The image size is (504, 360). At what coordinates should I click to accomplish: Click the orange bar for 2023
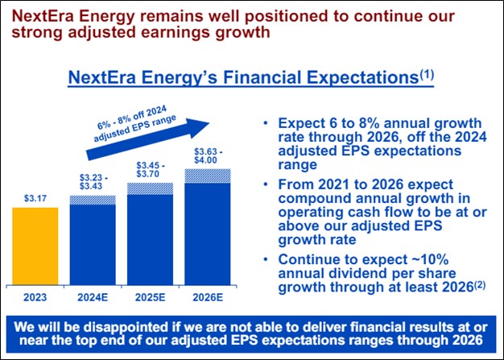[35, 246]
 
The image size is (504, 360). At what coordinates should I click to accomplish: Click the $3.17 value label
[35, 196]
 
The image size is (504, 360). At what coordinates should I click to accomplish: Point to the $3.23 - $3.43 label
[93, 181]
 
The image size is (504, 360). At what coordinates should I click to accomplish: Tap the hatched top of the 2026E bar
[208, 175]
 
